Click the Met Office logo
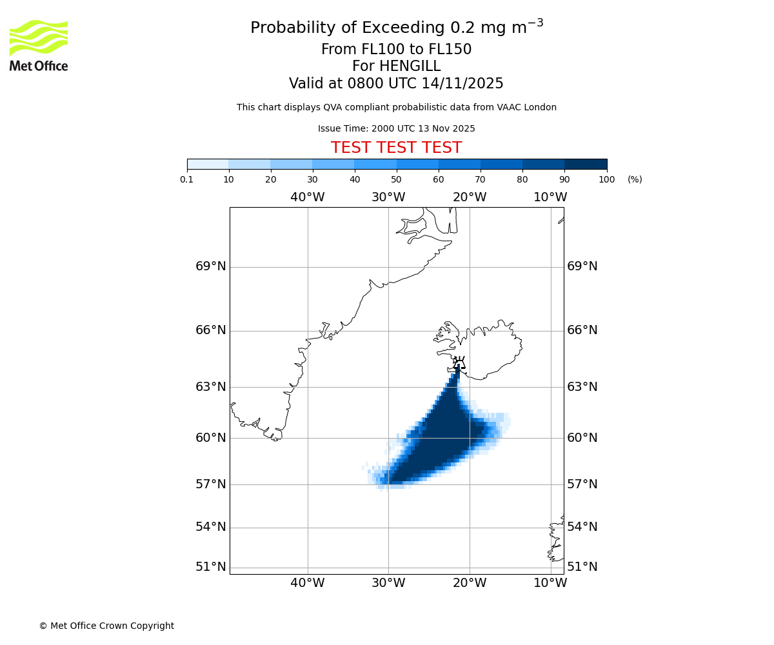click(x=39, y=45)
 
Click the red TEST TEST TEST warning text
click(x=396, y=148)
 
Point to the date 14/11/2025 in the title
click(x=462, y=84)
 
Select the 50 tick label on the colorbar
click(x=396, y=179)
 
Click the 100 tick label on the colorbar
click(x=606, y=179)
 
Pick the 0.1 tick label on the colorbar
click(x=187, y=179)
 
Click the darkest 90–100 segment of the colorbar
click(x=585, y=164)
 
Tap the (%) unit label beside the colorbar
click(x=635, y=179)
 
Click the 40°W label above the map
click(x=307, y=197)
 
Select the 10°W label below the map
click(x=550, y=583)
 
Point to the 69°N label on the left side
click(x=211, y=266)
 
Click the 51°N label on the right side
click(x=582, y=567)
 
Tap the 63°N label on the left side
click(x=211, y=387)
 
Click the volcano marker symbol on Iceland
click(x=459, y=363)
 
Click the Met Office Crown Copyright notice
click(x=106, y=626)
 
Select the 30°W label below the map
click(x=388, y=583)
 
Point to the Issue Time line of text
click(x=396, y=129)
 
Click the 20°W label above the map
click(x=469, y=197)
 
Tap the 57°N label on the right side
click(x=582, y=484)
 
